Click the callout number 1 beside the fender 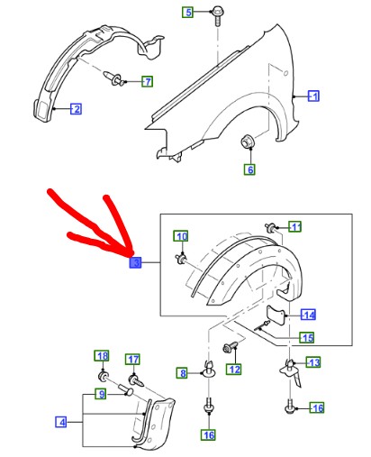click(x=314, y=96)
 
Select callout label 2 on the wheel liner click(x=77, y=110)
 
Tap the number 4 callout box click(x=60, y=422)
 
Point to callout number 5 click(x=188, y=12)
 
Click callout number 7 click(x=147, y=82)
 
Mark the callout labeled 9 click(x=103, y=394)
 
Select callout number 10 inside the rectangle click(x=181, y=236)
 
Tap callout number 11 click(x=295, y=226)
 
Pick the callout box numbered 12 click(x=234, y=369)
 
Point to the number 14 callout click(x=308, y=315)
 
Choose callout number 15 click(x=306, y=338)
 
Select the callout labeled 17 click(x=132, y=359)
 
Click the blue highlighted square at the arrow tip click(x=135, y=262)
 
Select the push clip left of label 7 click(x=114, y=82)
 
